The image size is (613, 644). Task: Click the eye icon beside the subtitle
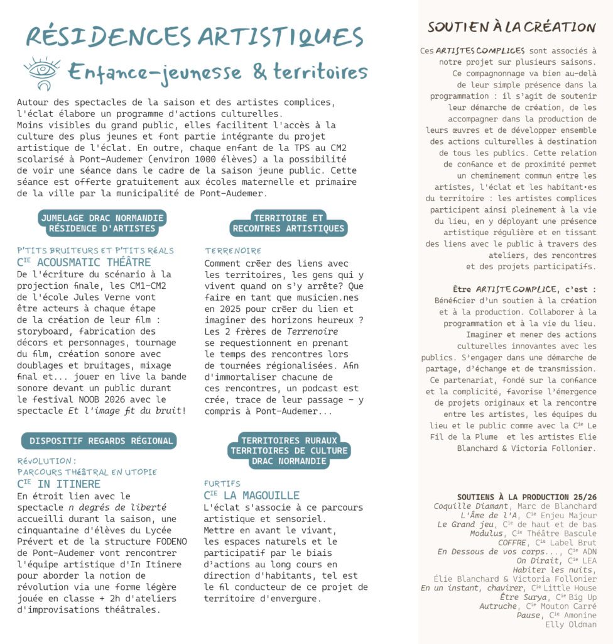pyautogui.click(x=42, y=72)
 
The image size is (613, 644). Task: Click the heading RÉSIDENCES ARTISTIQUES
pyautogui.click(x=195, y=36)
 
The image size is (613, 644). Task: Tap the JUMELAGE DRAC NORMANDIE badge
pyautogui.click(x=102, y=223)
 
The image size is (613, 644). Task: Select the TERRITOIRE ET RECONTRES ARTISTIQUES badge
pyautogui.click(x=289, y=223)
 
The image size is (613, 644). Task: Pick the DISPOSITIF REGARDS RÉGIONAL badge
pyautogui.click(x=99, y=441)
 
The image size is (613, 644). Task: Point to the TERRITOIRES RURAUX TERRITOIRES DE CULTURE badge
pyautogui.click(x=290, y=451)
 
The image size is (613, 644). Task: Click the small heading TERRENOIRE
pyautogui.click(x=233, y=251)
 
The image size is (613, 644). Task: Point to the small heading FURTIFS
pyautogui.click(x=222, y=484)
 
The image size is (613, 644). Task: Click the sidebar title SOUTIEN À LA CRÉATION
pyautogui.click(x=511, y=27)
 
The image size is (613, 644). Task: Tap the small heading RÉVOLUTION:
pyautogui.click(x=46, y=461)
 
